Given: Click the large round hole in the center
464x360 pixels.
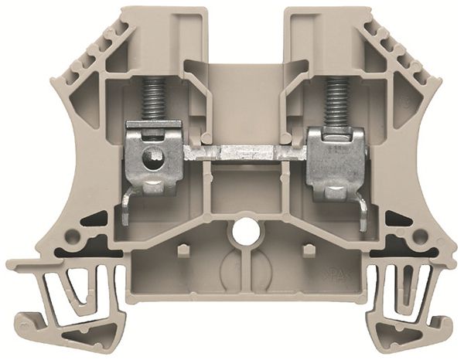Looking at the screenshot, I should pos(245,229).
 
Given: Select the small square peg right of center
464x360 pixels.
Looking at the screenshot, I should pos(307,250).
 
